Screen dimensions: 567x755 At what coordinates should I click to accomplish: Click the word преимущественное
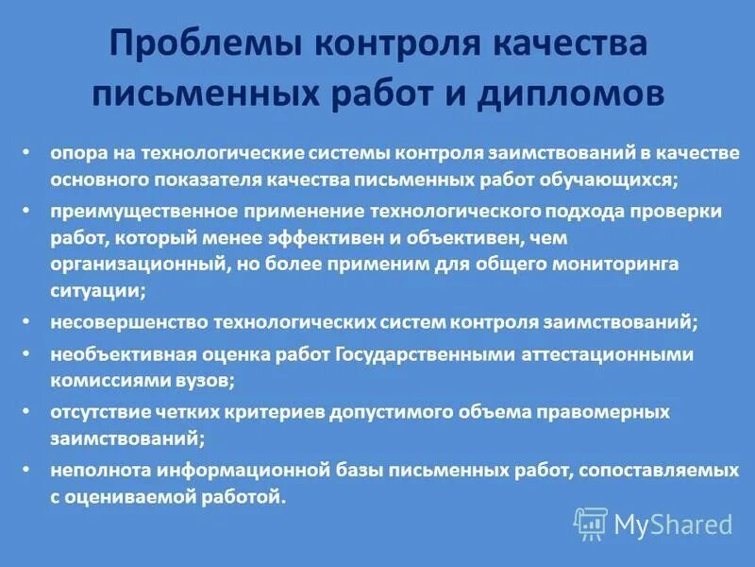[128, 212]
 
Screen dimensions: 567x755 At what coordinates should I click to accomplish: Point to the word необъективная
[111, 355]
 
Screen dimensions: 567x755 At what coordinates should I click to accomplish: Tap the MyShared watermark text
[674, 524]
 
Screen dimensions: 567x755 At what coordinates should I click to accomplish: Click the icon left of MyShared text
[591, 524]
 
